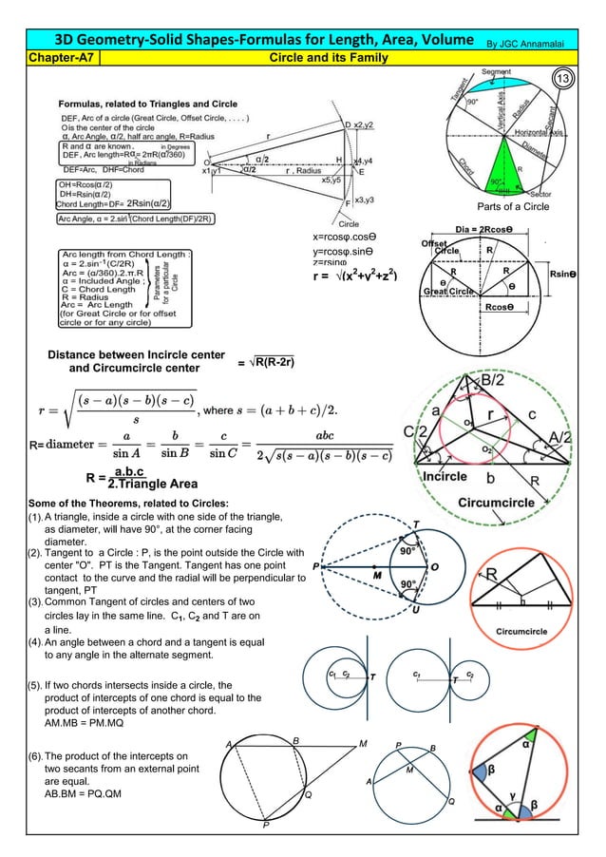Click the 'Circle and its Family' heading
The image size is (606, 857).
click(x=329, y=59)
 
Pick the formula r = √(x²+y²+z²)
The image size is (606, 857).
click(x=362, y=278)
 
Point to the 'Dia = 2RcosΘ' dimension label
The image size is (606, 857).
click(x=490, y=229)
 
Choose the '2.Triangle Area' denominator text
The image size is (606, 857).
click(x=155, y=484)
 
